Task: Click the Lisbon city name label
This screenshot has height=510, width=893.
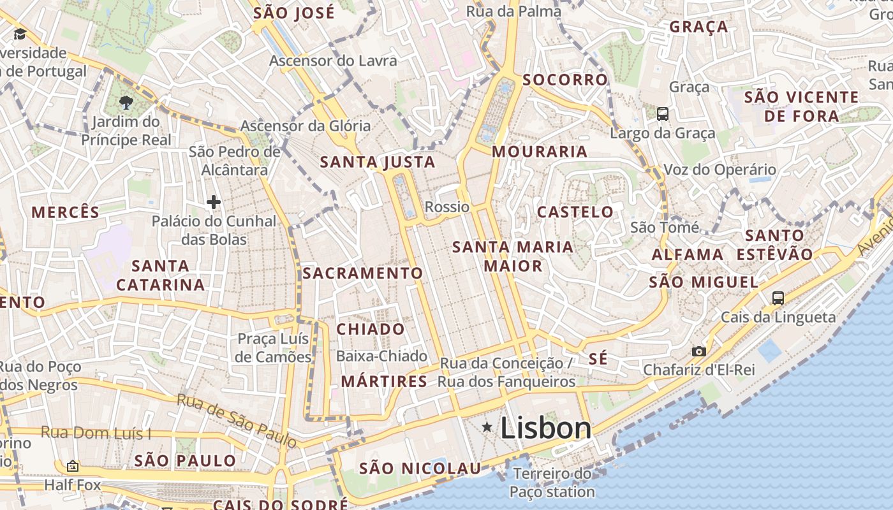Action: tap(546, 428)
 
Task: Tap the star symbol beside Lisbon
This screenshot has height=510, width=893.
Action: tap(487, 426)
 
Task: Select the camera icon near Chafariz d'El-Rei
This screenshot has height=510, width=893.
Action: tap(699, 351)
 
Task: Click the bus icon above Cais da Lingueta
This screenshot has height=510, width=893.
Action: tap(778, 298)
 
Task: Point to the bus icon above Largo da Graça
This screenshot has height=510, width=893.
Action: tap(663, 114)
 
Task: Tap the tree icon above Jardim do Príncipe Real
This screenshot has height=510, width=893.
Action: tap(126, 102)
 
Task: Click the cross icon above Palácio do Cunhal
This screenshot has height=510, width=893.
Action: tap(214, 203)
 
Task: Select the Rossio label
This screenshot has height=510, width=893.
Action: tap(447, 207)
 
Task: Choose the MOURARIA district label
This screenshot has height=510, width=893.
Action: tap(540, 152)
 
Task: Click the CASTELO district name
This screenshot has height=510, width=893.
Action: tap(575, 212)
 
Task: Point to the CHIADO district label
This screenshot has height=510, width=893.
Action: tap(371, 330)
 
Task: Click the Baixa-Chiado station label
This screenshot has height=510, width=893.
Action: tap(382, 356)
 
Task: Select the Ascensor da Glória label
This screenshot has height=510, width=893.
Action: tap(305, 126)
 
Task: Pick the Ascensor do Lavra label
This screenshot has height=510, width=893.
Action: tap(333, 61)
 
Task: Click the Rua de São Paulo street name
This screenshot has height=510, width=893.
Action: tap(237, 420)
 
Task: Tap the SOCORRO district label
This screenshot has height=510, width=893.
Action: tap(565, 80)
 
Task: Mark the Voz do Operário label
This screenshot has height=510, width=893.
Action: tap(720, 170)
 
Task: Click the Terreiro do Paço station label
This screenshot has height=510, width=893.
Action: tap(552, 483)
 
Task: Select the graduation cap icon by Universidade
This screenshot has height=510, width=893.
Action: tap(20, 34)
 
